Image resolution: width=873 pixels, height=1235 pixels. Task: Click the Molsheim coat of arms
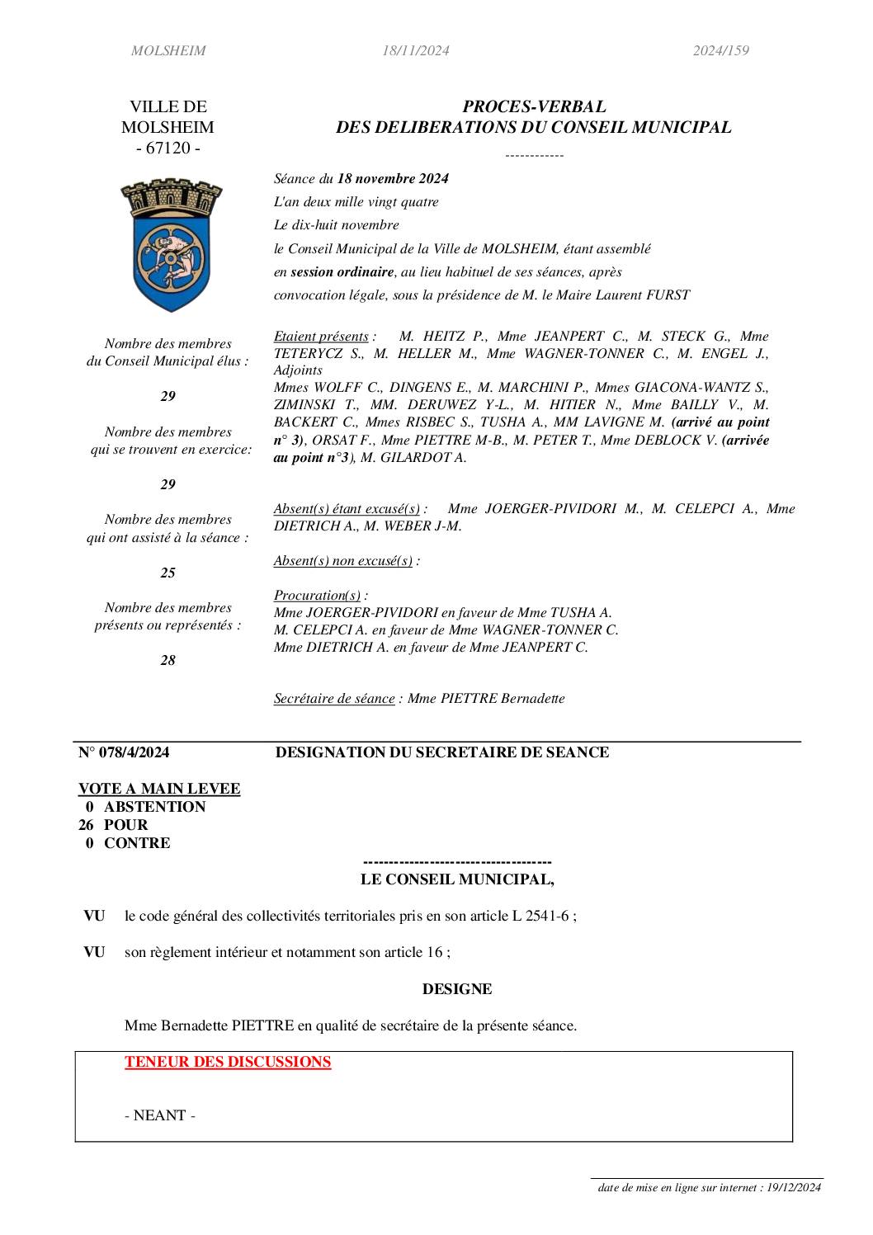[172, 244]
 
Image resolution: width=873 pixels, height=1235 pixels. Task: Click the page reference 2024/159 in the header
[720, 51]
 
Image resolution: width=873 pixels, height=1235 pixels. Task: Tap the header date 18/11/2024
[415, 51]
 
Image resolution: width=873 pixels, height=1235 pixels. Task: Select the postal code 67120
[168, 148]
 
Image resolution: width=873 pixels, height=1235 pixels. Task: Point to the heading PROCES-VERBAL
[534, 106]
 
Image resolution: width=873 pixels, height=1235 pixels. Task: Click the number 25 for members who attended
[168, 573]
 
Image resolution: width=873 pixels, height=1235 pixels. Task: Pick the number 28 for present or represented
[168, 660]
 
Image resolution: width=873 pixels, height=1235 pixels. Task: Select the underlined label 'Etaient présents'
[321, 337]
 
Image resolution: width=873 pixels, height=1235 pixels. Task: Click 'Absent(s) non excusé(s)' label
[342, 561]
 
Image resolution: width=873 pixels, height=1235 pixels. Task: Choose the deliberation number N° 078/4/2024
[124, 752]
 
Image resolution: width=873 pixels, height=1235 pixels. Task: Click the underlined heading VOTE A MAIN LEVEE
[159, 789]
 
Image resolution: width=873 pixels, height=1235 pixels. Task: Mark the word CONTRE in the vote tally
[137, 843]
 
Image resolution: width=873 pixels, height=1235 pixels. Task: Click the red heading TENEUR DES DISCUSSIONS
[228, 1062]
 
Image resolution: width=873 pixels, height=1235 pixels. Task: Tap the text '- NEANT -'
[160, 1115]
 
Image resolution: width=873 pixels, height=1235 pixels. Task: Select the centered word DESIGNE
[457, 989]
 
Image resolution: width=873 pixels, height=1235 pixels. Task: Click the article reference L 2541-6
[540, 916]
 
